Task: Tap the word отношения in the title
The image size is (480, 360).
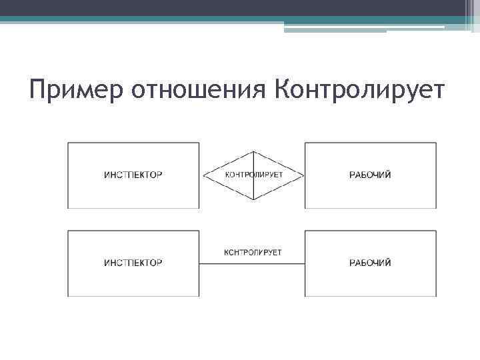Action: [x=199, y=90]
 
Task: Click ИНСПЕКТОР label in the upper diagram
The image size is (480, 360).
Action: [x=133, y=175]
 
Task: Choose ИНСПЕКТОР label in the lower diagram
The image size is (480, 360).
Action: [x=133, y=263]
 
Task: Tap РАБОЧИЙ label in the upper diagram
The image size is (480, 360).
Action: [x=370, y=175]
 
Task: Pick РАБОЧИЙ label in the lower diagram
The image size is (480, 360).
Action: [x=370, y=263]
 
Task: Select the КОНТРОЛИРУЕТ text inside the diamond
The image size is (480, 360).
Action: [x=253, y=175]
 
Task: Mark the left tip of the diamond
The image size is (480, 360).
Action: [x=203, y=176]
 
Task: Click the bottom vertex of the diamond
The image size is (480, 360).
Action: [x=253, y=200]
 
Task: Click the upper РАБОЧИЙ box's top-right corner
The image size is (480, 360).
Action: [x=437, y=143]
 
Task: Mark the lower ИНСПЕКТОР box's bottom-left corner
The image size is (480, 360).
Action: [x=67, y=296]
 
